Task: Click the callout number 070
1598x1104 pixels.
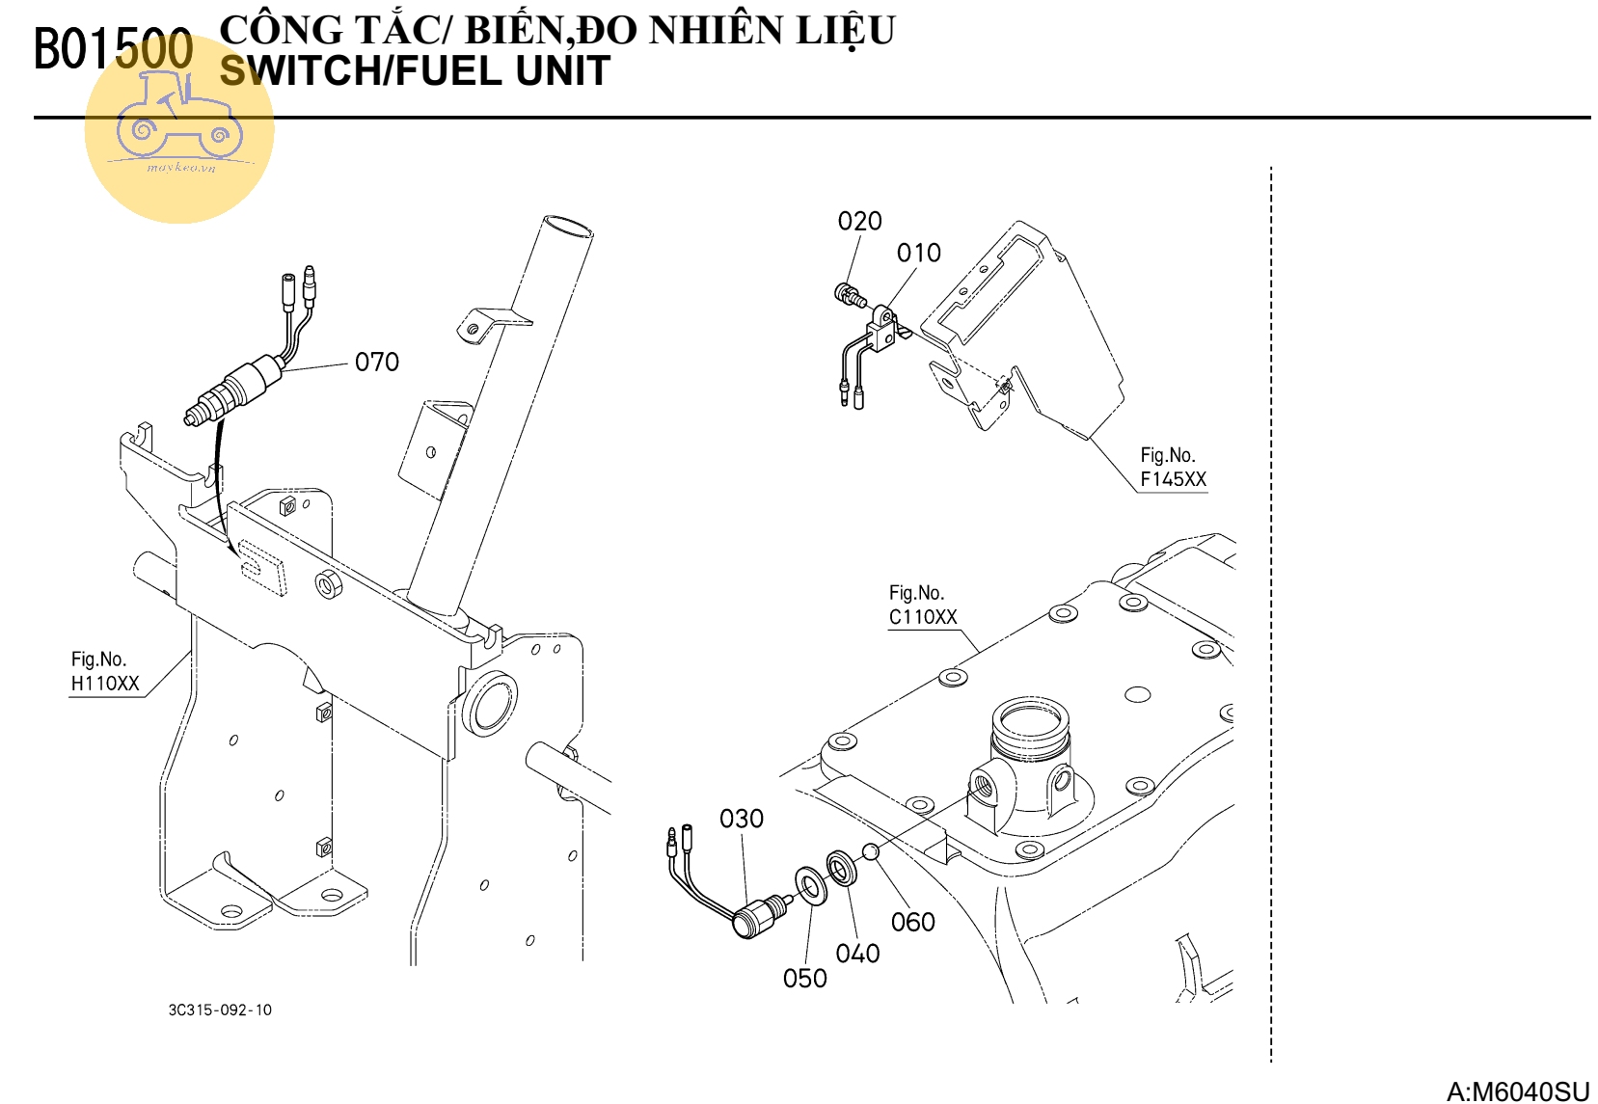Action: pyautogui.click(x=376, y=363)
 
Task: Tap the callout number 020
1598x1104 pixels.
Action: pyautogui.click(x=859, y=222)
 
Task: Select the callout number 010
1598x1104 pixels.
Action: pyautogui.click(x=918, y=254)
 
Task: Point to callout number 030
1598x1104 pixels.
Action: pyautogui.click(x=741, y=820)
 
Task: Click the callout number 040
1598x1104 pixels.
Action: pyautogui.click(x=857, y=954)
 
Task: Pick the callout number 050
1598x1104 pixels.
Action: pyautogui.click(x=804, y=979)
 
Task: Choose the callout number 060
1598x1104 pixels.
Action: pyautogui.click(x=912, y=923)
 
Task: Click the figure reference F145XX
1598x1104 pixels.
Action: pyautogui.click(x=1173, y=479)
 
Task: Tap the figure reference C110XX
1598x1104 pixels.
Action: pyautogui.click(x=923, y=617)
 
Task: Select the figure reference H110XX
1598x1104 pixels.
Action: pyautogui.click(x=105, y=684)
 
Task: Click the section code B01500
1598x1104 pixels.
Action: pyautogui.click(x=113, y=50)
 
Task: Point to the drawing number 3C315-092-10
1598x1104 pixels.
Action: pyautogui.click(x=220, y=1010)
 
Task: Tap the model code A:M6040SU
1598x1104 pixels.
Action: pyautogui.click(x=1517, y=1091)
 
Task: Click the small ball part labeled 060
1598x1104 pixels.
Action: pyautogui.click(x=871, y=851)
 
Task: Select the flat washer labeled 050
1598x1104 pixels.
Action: pyautogui.click(x=809, y=884)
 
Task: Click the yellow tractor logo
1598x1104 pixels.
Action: pyautogui.click(x=178, y=130)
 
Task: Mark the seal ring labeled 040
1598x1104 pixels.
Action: pyautogui.click(x=842, y=867)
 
